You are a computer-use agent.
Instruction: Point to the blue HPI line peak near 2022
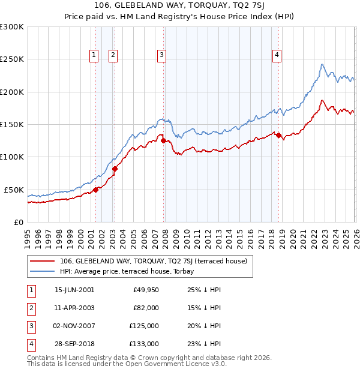tap(322, 64)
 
